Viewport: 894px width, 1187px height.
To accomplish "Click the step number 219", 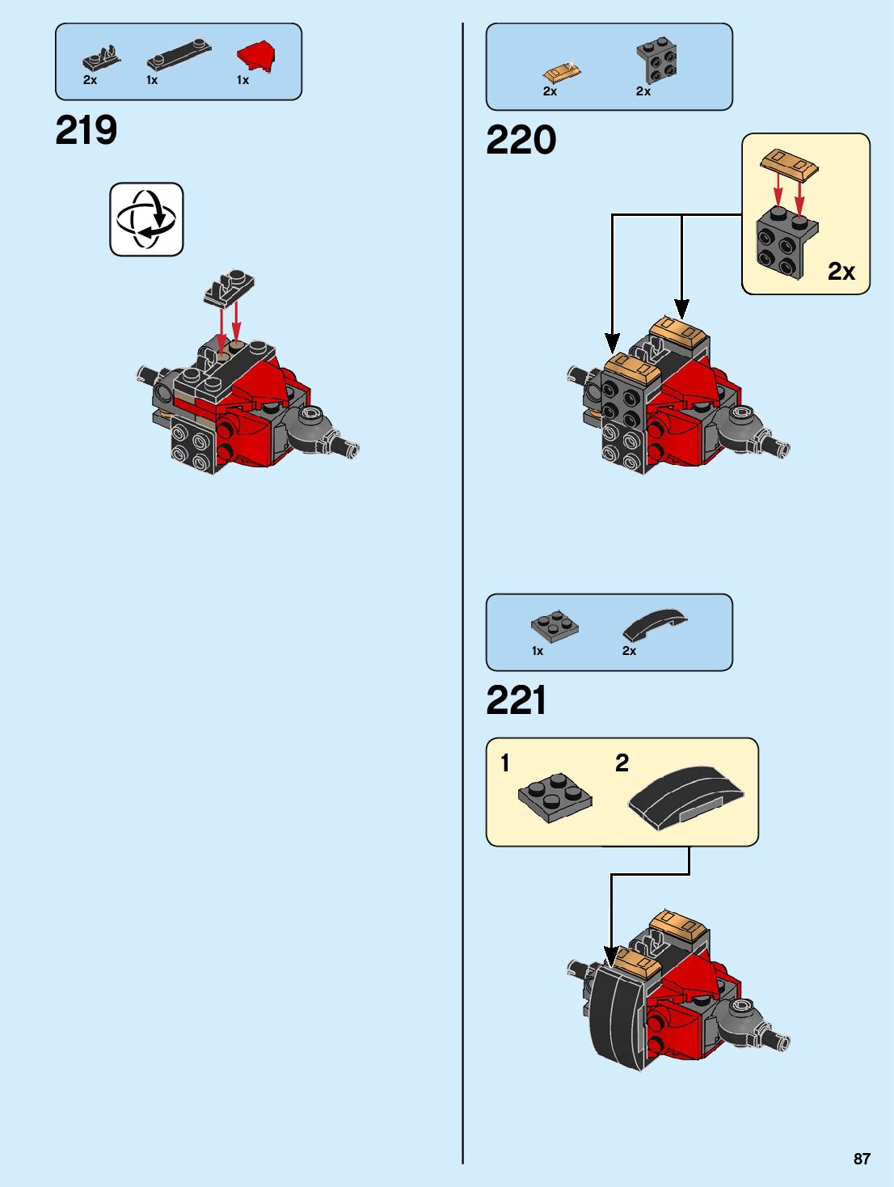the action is click(86, 130).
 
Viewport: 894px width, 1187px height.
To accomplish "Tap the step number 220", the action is click(521, 140).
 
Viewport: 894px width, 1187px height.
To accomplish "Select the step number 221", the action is click(517, 700).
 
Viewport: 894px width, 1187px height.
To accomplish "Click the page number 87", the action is click(862, 1159).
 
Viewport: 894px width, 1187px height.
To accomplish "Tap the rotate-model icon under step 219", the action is click(146, 219).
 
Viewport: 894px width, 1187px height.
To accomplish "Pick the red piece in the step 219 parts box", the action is click(256, 57).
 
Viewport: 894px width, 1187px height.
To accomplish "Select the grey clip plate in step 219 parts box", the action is click(102, 58).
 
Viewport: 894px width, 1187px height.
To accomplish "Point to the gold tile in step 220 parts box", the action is click(562, 72).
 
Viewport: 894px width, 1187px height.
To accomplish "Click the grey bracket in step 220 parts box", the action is click(656, 61).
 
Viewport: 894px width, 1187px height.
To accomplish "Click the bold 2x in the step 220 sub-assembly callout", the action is click(841, 272).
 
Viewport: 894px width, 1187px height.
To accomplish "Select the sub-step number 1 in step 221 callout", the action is click(505, 763).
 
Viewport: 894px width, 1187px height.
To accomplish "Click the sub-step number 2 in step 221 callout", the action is click(622, 763).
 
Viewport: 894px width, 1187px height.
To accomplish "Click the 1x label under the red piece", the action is click(242, 80).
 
